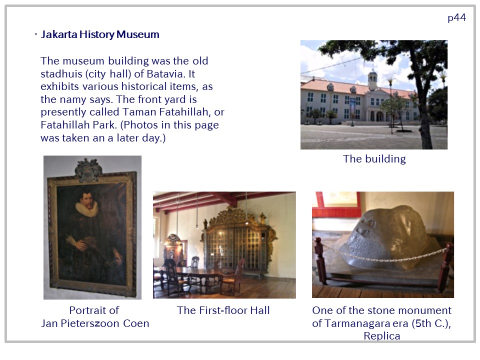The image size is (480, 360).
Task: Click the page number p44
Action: (456, 18)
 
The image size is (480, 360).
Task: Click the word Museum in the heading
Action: (138, 34)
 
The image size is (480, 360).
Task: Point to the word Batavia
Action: (166, 74)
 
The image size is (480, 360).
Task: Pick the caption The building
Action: (374, 159)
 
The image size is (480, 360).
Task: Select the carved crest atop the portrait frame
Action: (88, 170)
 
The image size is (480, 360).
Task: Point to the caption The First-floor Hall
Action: (223, 310)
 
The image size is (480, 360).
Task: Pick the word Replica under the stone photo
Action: (381, 336)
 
